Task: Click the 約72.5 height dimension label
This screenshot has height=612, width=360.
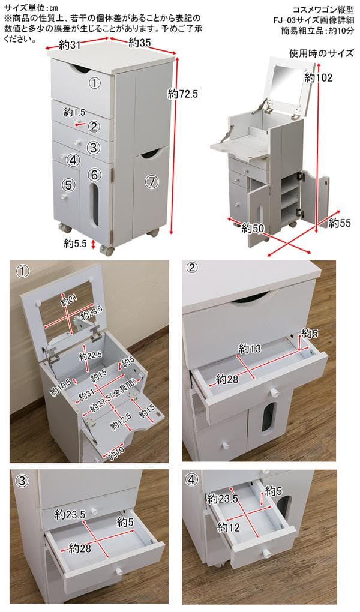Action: (183, 94)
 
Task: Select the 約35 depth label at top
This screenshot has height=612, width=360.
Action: (139, 43)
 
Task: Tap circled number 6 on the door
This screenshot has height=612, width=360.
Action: (94, 174)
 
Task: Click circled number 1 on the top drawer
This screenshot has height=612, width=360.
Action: (94, 83)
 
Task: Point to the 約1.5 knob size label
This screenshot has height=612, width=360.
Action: (74, 112)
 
